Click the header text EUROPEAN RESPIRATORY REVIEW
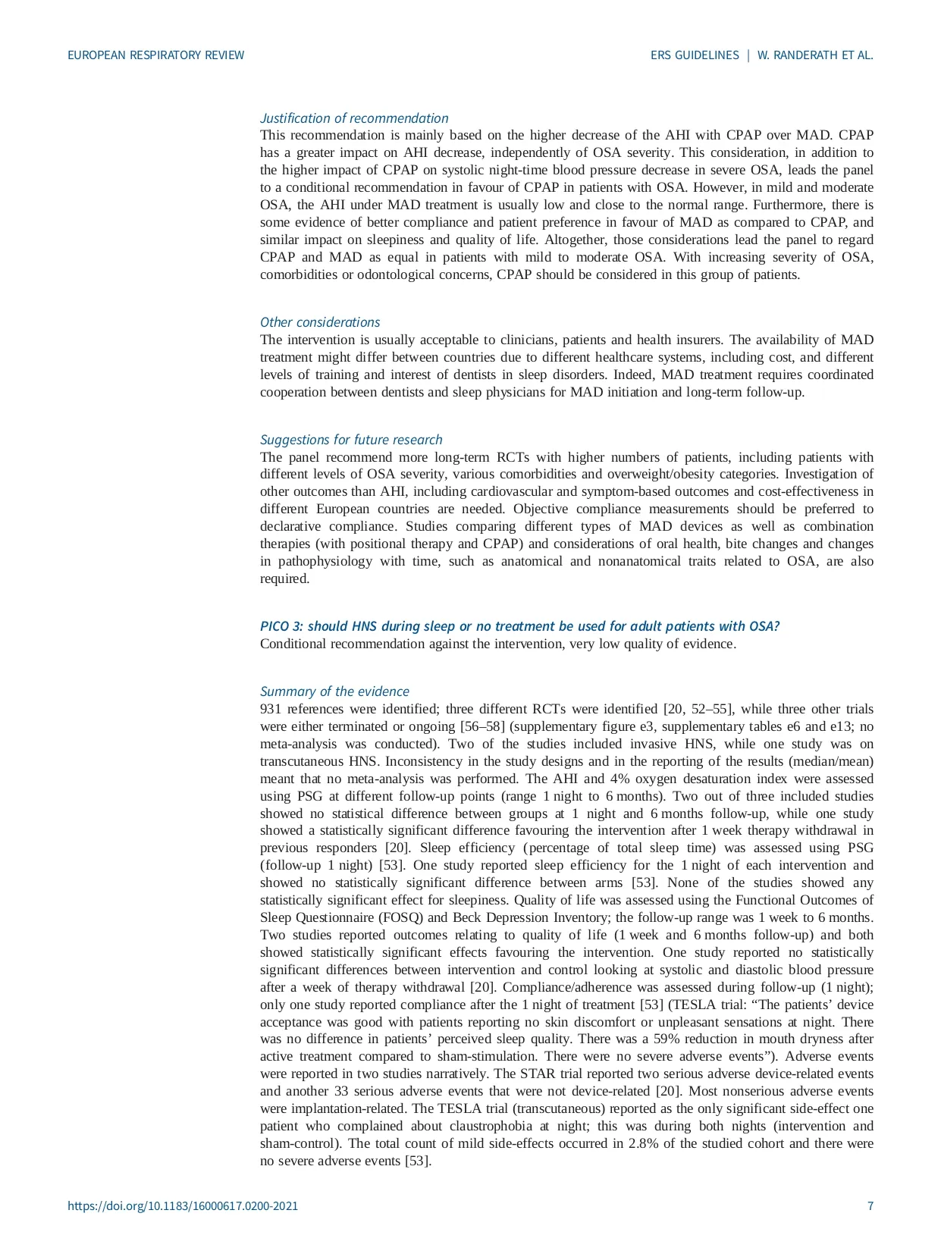click(156, 55)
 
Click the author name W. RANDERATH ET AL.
click(815, 55)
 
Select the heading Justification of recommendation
click(354, 118)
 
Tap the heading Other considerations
click(320, 322)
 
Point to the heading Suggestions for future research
click(351, 440)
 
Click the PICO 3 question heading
click(520, 626)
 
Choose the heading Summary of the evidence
click(334, 691)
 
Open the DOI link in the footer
click(183, 1206)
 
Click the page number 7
click(870, 1206)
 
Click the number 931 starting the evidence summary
click(271, 710)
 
